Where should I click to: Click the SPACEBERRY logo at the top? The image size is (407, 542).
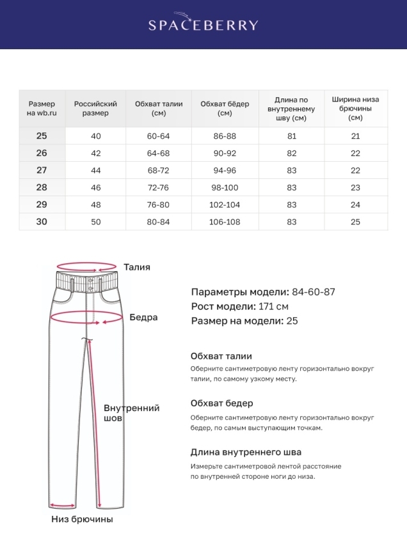(x=203, y=24)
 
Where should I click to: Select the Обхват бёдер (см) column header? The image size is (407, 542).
(x=225, y=108)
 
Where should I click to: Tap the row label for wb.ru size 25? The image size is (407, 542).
(x=42, y=136)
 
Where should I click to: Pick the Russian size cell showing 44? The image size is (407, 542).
(x=96, y=171)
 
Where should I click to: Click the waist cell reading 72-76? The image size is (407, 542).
(x=159, y=188)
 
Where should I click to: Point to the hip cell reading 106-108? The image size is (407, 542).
(x=225, y=222)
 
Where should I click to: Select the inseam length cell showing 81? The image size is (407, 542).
(x=292, y=136)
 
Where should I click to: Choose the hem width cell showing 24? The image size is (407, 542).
(x=356, y=205)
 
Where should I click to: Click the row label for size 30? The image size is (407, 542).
(x=42, y=222)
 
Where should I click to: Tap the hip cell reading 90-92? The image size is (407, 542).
(x=225, y=153)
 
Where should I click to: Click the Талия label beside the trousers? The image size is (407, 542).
(x=137, y=267)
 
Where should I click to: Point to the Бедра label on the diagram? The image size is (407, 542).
(x=143, y=317)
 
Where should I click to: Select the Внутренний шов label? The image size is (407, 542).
(x=131, y=413)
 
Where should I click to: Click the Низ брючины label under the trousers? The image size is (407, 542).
(x=82, y=519)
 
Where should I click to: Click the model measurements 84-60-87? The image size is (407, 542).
(x=314, y=292)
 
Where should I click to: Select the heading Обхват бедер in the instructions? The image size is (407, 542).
(x=221, y=403)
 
